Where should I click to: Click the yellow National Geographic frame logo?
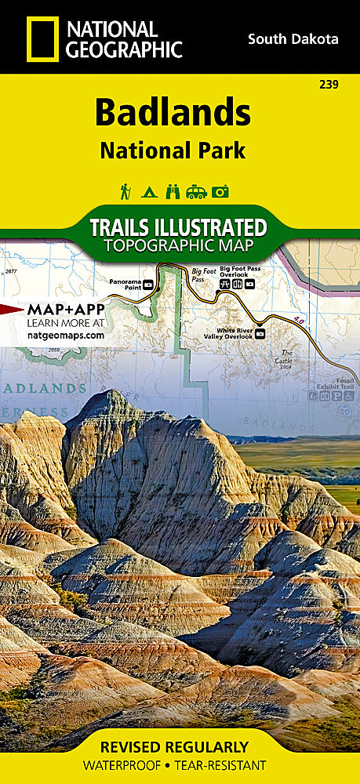(x=42, y=38)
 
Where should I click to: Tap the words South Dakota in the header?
(x=293, y=38)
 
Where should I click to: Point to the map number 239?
(x=329, y=84)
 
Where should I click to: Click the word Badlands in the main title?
(x=173, y=113)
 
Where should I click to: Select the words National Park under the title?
(x=173, y=151)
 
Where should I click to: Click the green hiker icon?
(x=125, y=191)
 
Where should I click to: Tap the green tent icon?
(x=148, y=191)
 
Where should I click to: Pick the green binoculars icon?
(x=173, y=191)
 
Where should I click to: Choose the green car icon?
(x=197, y=191)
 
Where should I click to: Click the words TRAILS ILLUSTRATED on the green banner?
(x=178, y=227)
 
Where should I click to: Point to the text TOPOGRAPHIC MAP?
(x=178, y=246)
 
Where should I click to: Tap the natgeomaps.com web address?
(x=65, y=335)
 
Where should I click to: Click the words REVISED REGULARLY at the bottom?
(x=180, y=746)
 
